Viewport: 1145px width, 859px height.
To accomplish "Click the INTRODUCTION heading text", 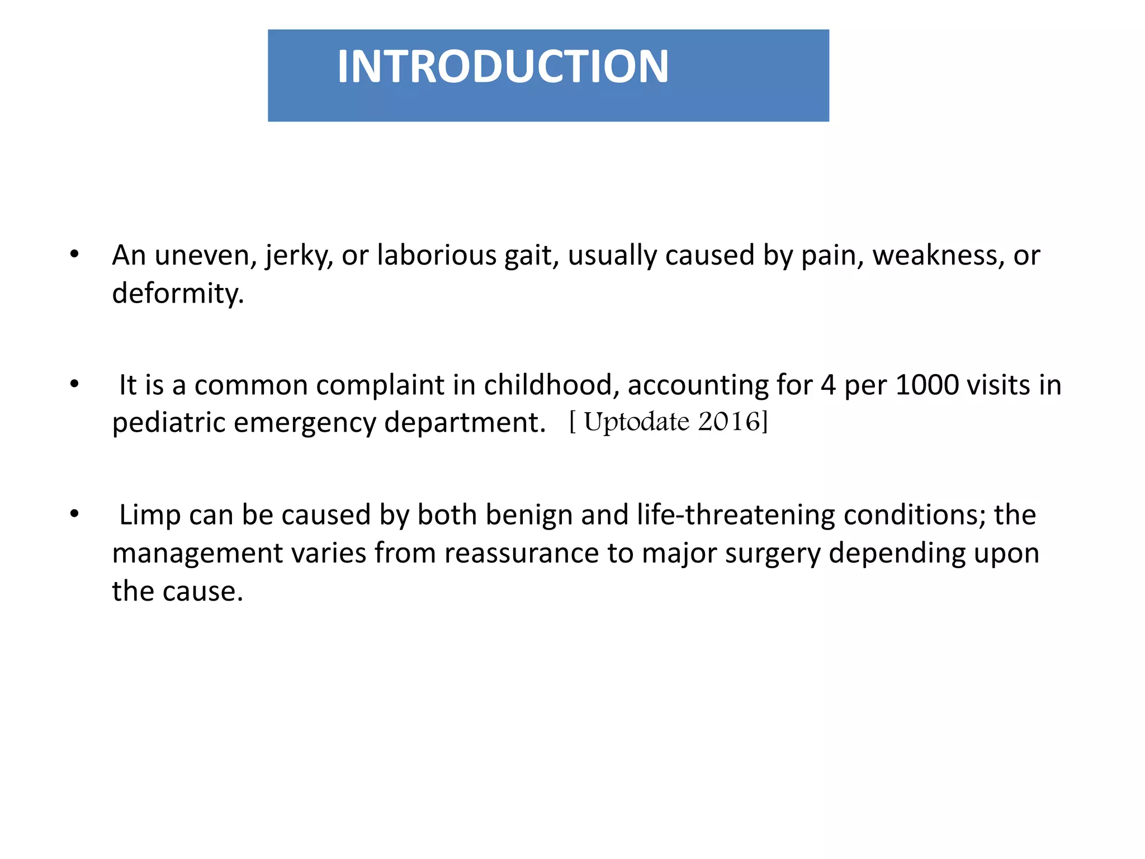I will click(x=502, y=67).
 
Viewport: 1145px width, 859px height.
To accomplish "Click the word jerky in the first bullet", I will click(x=299, y=256).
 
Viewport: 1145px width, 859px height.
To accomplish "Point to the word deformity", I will click(x=177, y=294).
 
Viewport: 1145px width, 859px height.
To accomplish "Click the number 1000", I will click(x=927, y=385).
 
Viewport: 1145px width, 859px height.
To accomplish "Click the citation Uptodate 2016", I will click(x=669, y=422).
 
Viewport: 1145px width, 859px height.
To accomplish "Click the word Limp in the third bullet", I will click(x=150, y=515).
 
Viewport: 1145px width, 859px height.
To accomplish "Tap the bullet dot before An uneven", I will click(x=74, y=255).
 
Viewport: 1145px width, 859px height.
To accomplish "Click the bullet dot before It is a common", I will click(x=74, y=385).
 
